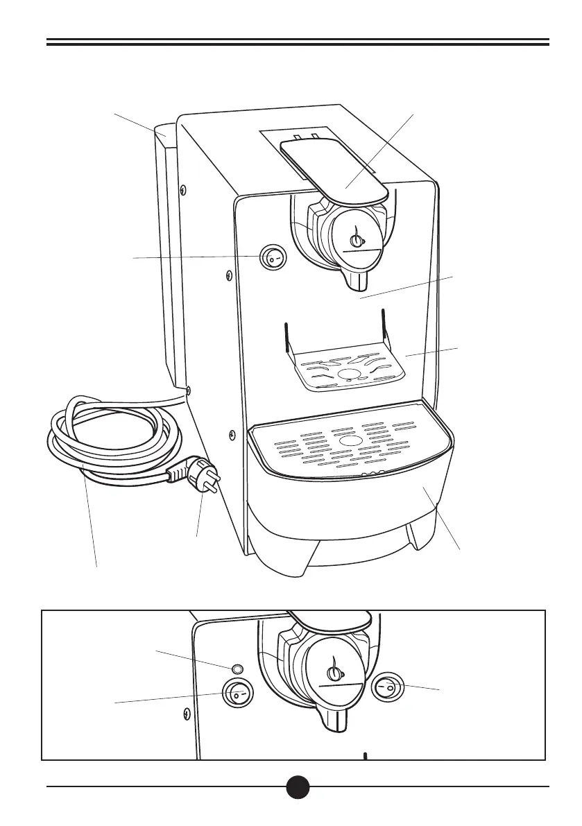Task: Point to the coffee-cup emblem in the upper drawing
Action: [x=357, y=239]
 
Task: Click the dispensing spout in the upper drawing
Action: [x=358, y=280]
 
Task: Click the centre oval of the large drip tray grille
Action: [x=350, y=442]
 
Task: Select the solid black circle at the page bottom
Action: [x=298, y=786]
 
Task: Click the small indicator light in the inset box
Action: [x=237, y=669]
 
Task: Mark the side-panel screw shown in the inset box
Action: [x=186, y=712]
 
